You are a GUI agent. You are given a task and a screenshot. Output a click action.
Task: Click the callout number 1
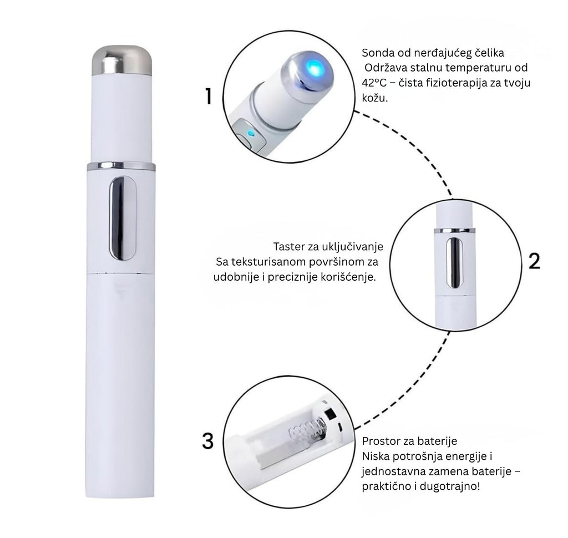[209, 97]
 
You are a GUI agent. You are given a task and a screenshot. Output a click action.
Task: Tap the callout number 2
[534, 261]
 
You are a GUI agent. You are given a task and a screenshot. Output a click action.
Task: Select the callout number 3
[208, 441]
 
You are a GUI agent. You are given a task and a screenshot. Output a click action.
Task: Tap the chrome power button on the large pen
[123, 218]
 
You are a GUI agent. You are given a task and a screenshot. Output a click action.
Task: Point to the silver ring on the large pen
[121, 166]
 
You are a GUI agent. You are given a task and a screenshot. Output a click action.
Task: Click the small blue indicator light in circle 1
[250, 133]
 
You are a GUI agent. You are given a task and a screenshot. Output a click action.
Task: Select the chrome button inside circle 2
[454, 263]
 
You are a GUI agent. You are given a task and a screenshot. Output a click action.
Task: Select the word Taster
[288, 247]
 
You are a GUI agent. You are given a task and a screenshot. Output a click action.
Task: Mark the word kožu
[374, 98]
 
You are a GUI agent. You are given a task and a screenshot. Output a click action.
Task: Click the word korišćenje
[349, 277]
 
